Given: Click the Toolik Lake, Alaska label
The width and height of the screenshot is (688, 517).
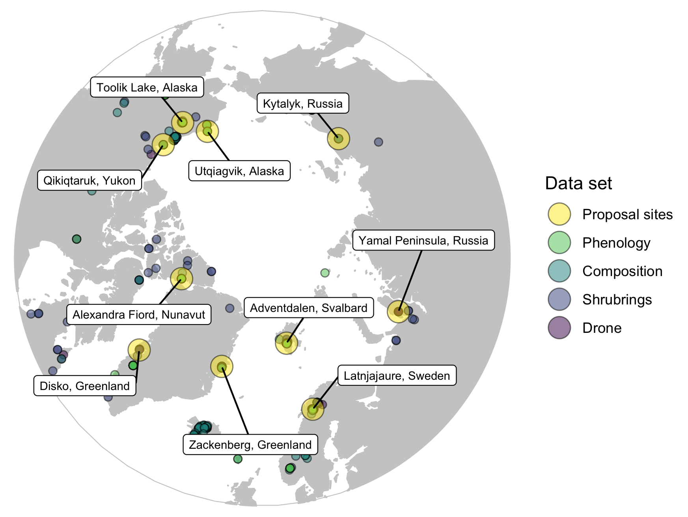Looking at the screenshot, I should coord(147,87).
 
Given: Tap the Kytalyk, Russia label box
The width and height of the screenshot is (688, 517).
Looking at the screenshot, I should coord(302,103).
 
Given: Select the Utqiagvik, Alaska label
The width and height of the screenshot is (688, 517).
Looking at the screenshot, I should coord(239,171).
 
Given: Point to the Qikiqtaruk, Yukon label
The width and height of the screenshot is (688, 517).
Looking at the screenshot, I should coord(89,180).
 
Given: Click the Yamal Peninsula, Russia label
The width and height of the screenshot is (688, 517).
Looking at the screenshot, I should coord(423,240).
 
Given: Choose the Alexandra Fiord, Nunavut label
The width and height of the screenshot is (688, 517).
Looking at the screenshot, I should coord(139,314).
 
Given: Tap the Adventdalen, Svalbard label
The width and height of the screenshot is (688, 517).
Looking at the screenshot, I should coord(309,308).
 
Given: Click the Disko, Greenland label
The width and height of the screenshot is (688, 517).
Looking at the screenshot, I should coord(85,386).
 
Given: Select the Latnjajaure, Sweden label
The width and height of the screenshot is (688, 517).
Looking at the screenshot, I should coord(397,375).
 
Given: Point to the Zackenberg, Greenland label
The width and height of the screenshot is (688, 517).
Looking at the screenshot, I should coord(250,444).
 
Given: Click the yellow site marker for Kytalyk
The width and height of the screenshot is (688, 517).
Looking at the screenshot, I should coord(338,139).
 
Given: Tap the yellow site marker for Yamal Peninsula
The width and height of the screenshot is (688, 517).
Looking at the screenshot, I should coord(398,312).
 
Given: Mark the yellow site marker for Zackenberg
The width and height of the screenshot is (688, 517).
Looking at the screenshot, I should coord(222,366).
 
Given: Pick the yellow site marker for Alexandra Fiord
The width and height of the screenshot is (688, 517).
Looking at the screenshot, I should coord(181,279).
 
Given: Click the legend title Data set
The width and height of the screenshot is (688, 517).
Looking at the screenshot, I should coord(578,183).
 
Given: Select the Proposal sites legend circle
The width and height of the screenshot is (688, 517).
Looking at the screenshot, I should coord(559,214).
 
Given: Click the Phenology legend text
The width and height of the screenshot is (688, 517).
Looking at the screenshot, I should coord(616,243).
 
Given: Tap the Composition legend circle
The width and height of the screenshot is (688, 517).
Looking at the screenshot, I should coord(559,271).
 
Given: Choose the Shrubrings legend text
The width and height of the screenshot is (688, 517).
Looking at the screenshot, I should coord(617,300).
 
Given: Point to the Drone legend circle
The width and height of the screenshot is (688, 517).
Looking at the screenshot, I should coord(559,328).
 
